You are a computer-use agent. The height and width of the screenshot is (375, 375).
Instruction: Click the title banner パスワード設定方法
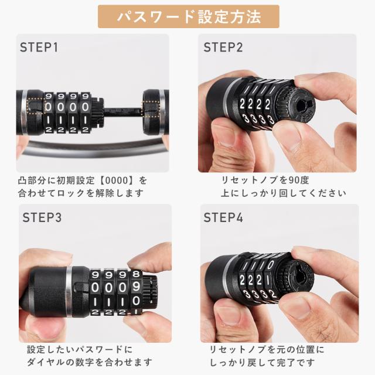coord(188,16)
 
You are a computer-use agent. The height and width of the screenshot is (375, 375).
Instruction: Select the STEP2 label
coord(223,47)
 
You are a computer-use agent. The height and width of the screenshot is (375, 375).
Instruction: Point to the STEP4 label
coord(223,217)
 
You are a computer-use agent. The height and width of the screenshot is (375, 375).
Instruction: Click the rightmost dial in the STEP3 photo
coord(136,290)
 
